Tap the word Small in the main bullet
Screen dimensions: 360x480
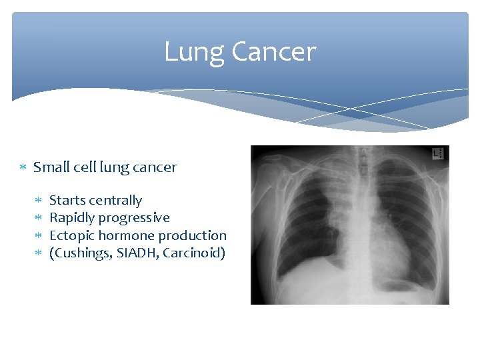pyautogui.click(x=49, y=167)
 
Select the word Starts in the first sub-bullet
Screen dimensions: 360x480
pyautogui.click(x=67, y=200)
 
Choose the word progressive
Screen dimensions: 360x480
pyautogui.click(x=134, y=218)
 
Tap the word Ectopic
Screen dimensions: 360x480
pyautogui.click(x=72, y=235)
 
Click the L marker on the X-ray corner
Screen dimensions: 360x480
pyautogui.click(x=437, y=154)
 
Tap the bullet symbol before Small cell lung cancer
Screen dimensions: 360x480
pyautogui.click(x=22, y=167)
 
